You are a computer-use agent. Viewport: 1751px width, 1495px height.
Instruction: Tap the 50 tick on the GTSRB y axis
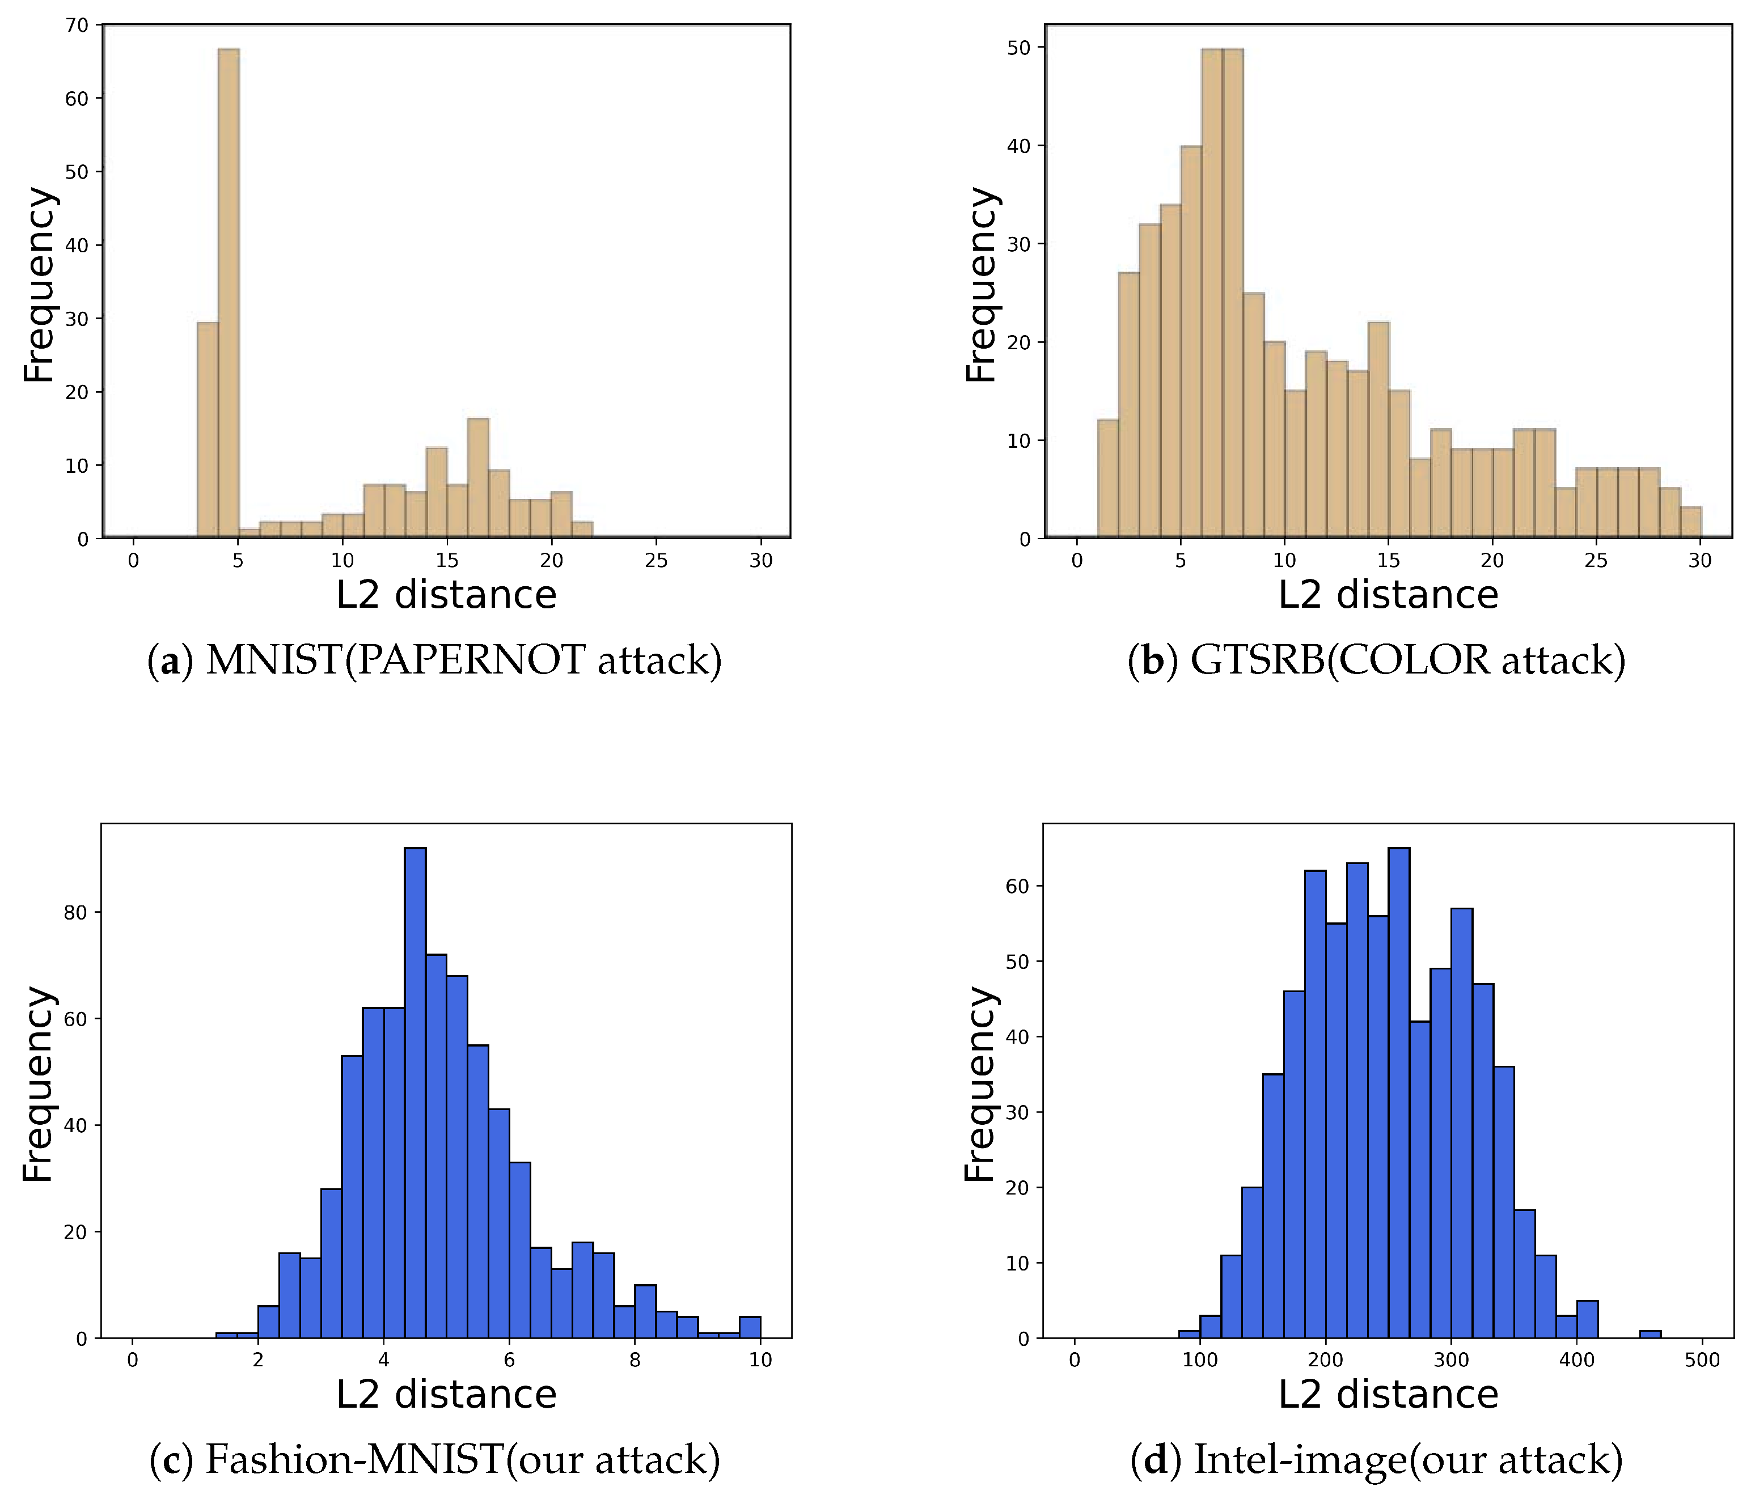tap(1019, 48)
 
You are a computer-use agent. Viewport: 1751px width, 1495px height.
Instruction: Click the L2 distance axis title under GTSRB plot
tap(1388, 595)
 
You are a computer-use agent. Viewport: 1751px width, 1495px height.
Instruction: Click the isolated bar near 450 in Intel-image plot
tap(1650, 1335)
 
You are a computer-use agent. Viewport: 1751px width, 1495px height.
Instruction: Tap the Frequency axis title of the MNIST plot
tap(38, 285)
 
